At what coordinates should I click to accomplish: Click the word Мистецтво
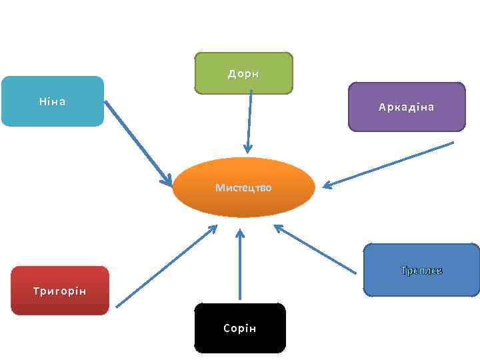243,188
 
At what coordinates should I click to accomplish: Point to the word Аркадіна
406,107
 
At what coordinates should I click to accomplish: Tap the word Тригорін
59,291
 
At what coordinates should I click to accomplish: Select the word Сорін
240,329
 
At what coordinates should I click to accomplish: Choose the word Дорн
243,74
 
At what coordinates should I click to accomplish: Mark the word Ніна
52,102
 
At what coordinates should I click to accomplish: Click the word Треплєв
421,271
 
